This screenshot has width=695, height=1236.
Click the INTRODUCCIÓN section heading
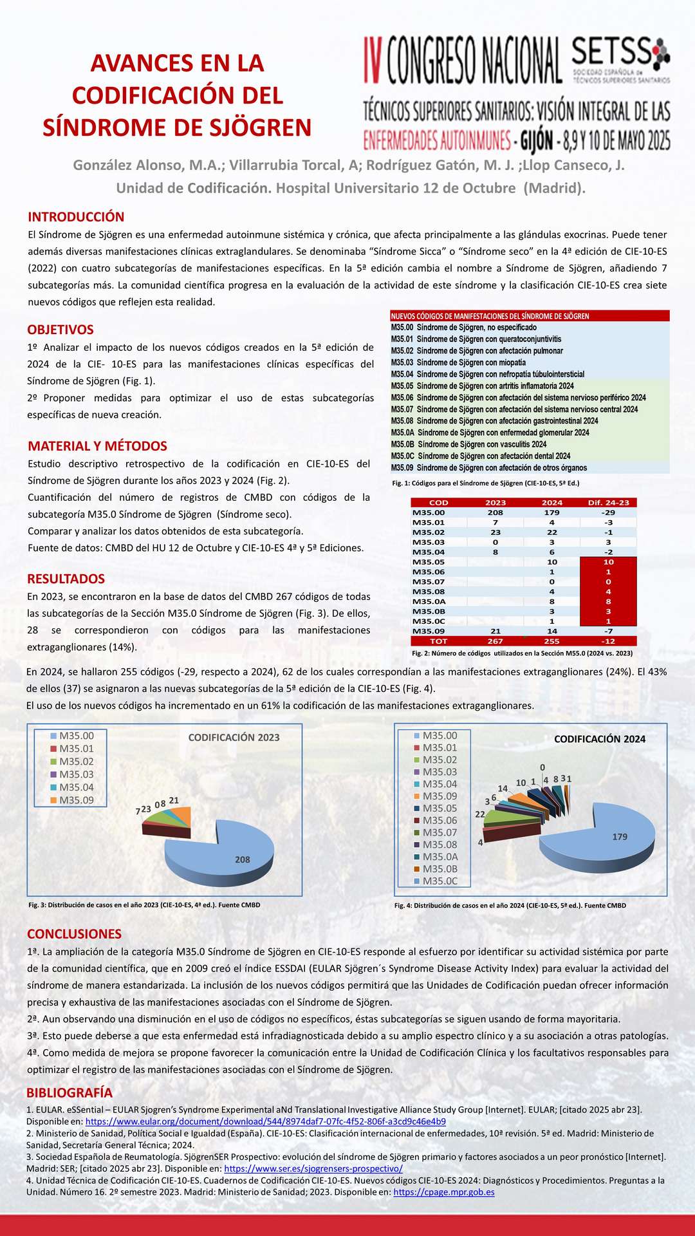(x=76, y=217)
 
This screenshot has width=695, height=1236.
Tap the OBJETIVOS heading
(x=60, y=330)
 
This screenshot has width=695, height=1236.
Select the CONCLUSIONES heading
(x=74, y=934)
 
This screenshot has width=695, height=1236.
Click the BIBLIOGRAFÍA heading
(x=69, y=1092)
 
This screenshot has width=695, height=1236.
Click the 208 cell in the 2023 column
(x=496, y=512)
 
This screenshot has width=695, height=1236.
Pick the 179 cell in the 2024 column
(x=551, y=512)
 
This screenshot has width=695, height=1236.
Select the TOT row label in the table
(x=438, y=641)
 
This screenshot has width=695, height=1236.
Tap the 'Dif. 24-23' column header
(x=608, y=503)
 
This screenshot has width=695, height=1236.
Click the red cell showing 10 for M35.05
(x=608, y=562)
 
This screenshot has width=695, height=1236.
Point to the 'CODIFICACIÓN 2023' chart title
(x=234, y=738)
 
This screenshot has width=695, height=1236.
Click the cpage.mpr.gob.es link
(x=443, y=1192)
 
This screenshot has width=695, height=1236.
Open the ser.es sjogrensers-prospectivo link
(x=313, y=1168)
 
